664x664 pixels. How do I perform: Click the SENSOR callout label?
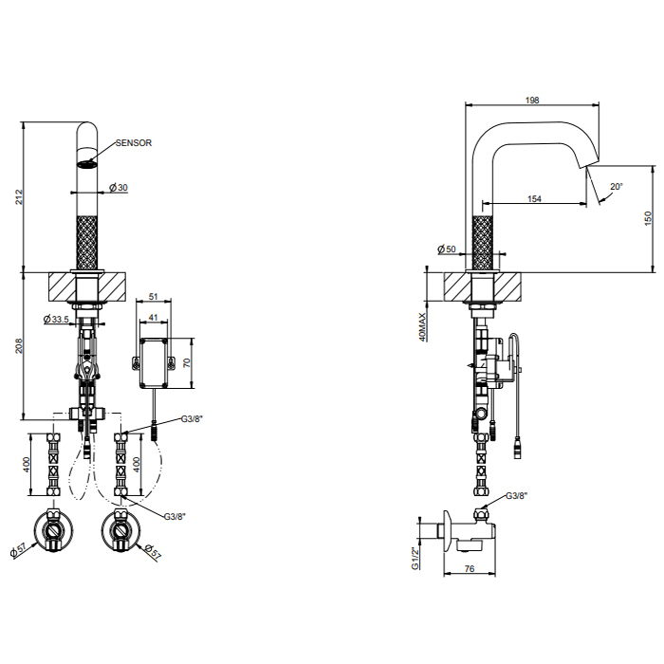pos(134,142)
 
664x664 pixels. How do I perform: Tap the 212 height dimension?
pos(20,197)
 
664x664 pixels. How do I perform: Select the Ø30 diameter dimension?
pos(119,187)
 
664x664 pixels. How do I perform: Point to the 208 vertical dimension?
pos(20,345)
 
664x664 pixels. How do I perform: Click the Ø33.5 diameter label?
pos(56,319)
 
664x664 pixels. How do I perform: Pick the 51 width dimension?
pos(154,296)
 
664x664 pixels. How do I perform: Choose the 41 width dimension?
pos(154,317)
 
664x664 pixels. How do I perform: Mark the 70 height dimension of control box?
pos(187,363)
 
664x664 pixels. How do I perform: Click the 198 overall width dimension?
pos(532,100)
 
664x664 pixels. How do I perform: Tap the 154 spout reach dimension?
pos(534,198)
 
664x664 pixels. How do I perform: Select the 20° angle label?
pos(617,186)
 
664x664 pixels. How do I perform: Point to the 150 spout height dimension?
pos(648,218)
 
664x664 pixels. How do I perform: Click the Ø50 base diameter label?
pos(447,249)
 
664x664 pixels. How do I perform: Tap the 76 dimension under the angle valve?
pos(470,569)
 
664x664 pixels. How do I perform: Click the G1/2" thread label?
pos(415,558)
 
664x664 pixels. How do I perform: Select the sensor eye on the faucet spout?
pos(87,164)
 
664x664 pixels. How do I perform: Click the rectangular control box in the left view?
pos(154,363)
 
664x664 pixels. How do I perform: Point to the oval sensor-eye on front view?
pos(87,164)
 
